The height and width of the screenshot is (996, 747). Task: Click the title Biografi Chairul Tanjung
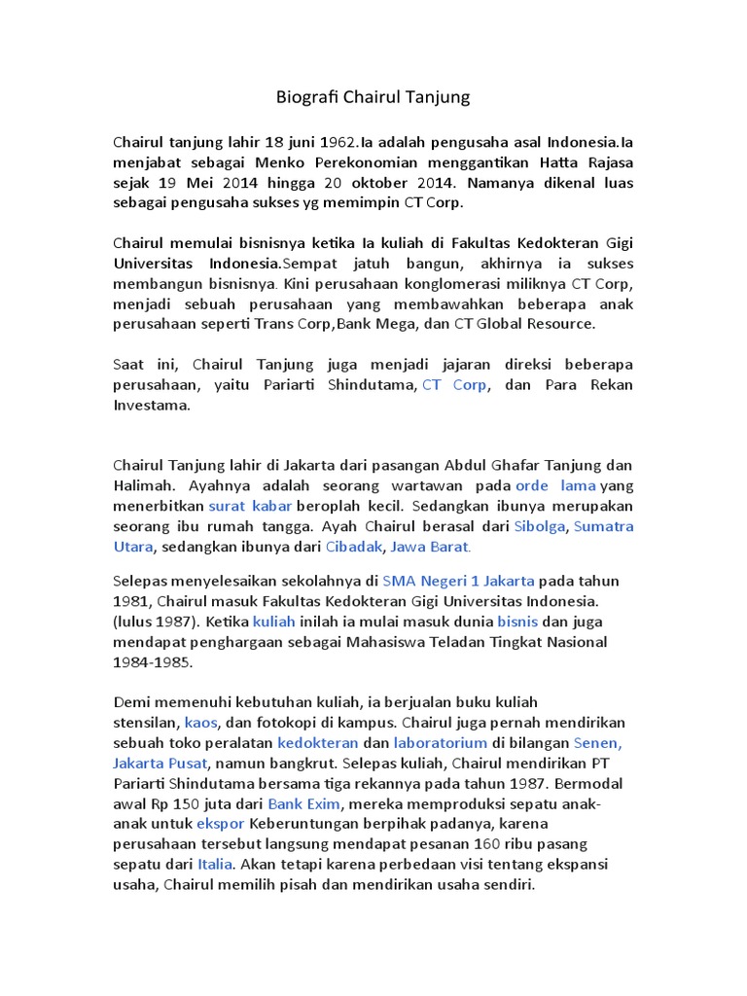pos(373,97)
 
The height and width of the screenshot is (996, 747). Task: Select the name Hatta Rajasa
pos(597,161)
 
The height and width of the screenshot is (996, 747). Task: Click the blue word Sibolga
pos(540,526)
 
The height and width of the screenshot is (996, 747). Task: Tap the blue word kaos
pos(201,722)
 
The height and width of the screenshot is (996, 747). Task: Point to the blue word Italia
pos(215,865)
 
